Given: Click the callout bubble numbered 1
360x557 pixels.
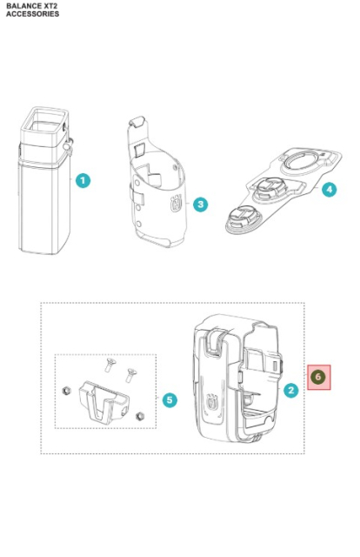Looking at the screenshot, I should point(83,180).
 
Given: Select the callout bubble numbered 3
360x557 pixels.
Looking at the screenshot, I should point(201,205).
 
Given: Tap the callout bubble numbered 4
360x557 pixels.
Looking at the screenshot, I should point(328,189).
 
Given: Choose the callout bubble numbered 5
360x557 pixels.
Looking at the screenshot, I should point(170,399).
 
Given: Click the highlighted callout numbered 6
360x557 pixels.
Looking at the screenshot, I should point(318,377).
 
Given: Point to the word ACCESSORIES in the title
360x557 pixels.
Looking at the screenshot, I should point(32,14).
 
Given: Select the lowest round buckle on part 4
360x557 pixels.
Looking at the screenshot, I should point(240,220).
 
